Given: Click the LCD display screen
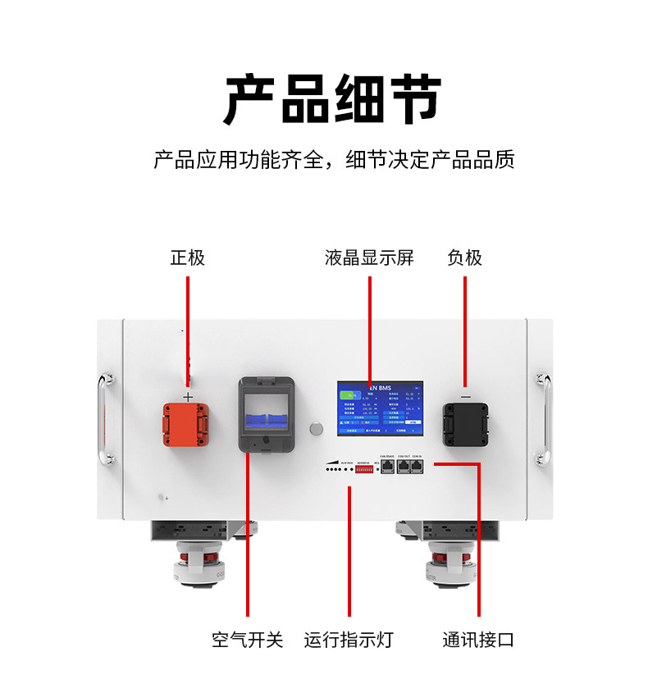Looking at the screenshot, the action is [380, 408].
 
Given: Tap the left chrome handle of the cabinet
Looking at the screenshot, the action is [104, 420].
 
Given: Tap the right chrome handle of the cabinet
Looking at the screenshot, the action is [543, 420].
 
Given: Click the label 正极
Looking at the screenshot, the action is [188, 258].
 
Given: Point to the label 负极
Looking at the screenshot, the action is [464, 258].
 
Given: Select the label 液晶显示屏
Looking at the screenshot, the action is [369, 258].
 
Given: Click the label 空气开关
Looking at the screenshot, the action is [247, 640].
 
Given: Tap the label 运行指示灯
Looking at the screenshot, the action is [349, 640].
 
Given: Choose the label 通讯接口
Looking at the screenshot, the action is [478, 640].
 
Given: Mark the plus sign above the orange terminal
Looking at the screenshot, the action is [188, 396].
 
